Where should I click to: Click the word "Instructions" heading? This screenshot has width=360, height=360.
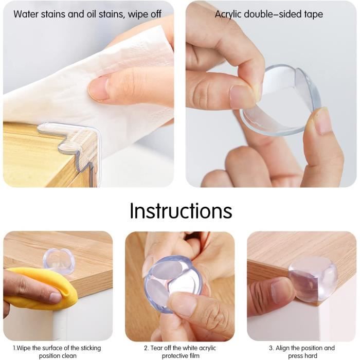pos(181,210)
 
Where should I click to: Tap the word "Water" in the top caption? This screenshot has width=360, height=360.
pos(26,14)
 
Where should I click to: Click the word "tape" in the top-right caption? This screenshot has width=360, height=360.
pos(314,15)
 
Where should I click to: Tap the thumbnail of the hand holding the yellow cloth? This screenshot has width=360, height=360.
pos(56,298)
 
